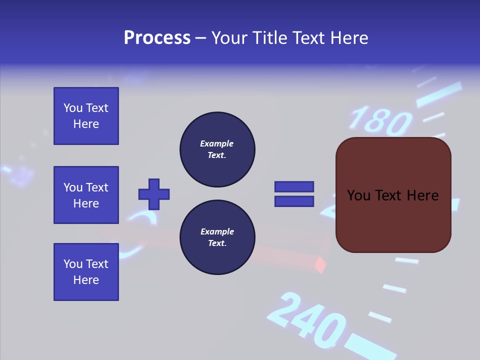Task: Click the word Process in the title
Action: (157, 38)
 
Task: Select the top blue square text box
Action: (86, 116)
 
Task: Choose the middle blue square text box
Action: (86, 195)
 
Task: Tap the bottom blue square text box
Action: (86, 272)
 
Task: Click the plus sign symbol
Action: (154, 194)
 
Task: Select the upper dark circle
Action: (217, 149)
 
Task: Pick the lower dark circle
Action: (217, 237)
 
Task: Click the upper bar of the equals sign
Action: (294, 186)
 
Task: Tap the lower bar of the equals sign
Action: (294, 201)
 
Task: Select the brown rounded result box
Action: (393, 195)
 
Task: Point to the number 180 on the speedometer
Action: (380, 120)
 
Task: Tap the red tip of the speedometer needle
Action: (320, 265)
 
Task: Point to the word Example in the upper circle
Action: (216, 143)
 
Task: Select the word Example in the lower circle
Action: (216, 231)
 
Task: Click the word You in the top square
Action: (73, 108)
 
